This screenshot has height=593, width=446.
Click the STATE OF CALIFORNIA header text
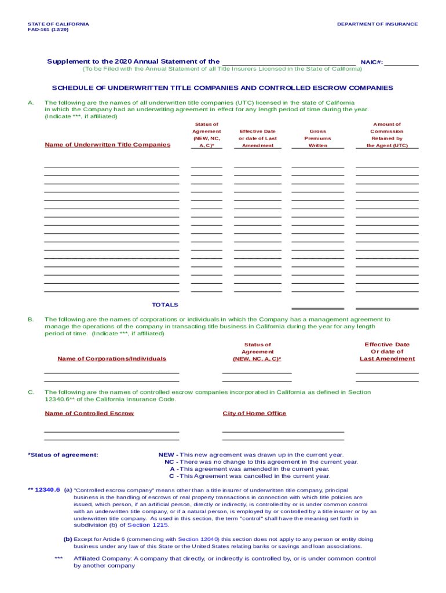coord(59,24)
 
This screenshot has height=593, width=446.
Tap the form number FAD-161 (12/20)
coord(48,30)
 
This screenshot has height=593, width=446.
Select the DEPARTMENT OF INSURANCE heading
coord(377,24)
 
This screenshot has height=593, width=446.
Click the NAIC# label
coord(371,62)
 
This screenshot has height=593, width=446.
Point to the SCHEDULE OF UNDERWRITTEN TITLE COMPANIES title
coord(222,88)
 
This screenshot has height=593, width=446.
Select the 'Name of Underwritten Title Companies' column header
coord(107,145)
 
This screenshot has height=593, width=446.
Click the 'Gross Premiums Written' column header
coord(318,138)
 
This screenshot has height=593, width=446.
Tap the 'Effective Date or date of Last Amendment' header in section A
coord(258,138)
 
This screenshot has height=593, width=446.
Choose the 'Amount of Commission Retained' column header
coord(387,135)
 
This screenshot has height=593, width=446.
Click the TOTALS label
coord(165,305)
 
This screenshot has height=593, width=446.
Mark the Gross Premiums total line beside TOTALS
coord(317,308)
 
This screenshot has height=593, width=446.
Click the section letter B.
coord(30,319)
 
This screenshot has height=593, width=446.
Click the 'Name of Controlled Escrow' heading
coord(89,413)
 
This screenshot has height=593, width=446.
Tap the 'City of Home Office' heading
coord(254,413)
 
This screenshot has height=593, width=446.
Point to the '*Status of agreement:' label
coord(63,455)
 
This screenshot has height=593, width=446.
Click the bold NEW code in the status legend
coord(166,455)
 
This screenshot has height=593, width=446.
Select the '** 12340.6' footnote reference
coord(44,490)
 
